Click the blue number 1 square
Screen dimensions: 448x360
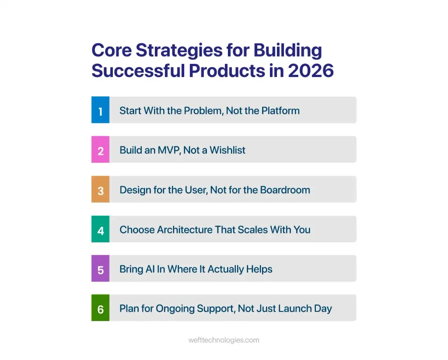100,110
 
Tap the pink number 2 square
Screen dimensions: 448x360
100,149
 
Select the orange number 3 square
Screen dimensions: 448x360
100,189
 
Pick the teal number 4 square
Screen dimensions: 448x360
100,229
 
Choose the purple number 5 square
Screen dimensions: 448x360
100,268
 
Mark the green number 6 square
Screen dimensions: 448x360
100,308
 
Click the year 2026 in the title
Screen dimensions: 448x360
311,71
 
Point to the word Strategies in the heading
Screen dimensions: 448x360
179,51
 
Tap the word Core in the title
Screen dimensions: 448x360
112,50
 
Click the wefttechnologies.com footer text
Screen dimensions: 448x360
224,340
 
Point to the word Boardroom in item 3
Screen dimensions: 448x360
285,190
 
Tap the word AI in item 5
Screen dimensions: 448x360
150,269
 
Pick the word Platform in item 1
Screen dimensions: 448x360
280,111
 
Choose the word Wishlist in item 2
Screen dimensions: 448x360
227,150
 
